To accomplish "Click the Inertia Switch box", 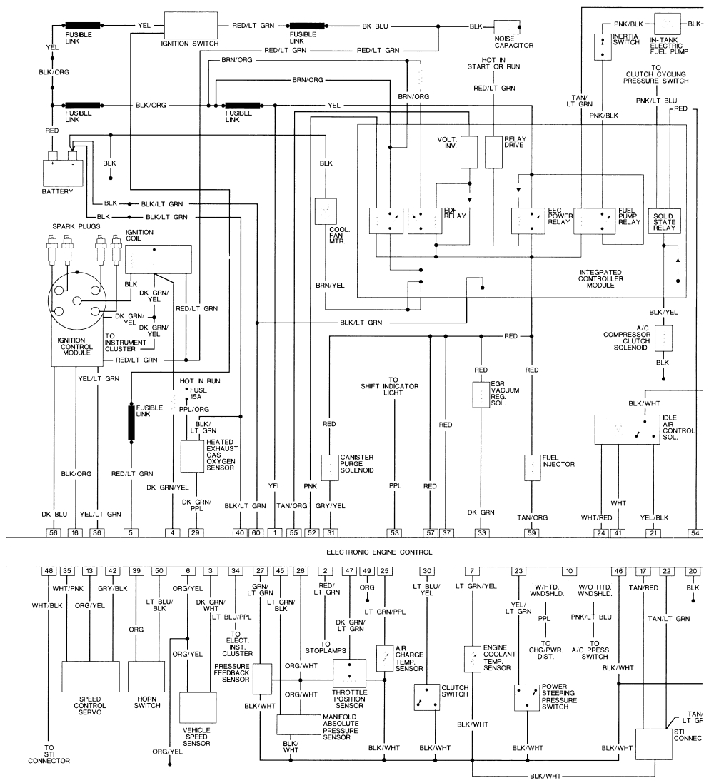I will [603, 46].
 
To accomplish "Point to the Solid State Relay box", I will [664, 222].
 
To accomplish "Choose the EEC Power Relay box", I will [529, 221].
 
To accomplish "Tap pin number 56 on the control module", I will [53, 532].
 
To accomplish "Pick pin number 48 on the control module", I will [49, 571].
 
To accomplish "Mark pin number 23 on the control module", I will [518, 571].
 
